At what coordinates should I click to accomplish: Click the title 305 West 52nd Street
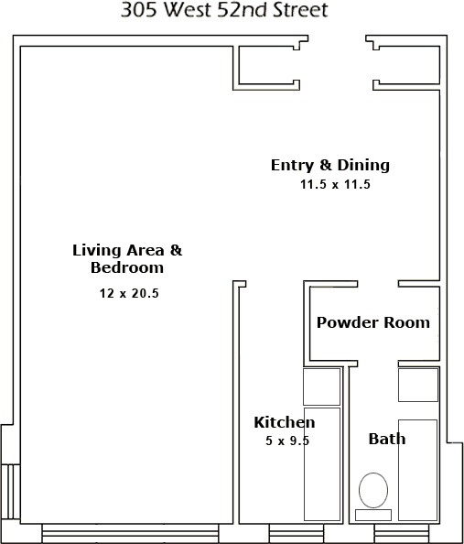pyautogui.click(x=224, y=11)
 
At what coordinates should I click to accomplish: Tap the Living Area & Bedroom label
pyautogui.click(x=127, y=258)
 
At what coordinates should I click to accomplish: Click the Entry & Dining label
pyautogui.click(x=329, y=165)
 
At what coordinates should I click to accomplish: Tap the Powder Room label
pyautogui.click(x=372, y=322)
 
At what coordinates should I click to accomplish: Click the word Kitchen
pyautogui.click(x=284, y=422)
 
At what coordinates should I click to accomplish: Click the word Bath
pyautogui.click(x=386, y=439)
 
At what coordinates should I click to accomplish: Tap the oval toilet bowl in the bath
pyautogui.click(x=372, y=490)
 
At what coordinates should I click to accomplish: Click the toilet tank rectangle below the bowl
pyautogui.click(x=372, y=514)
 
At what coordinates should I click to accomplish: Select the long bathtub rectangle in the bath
pyautogui.click(x=418, y=469)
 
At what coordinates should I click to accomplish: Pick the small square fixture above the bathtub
pyautogui.click(x=418, y=385)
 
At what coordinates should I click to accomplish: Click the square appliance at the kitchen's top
pyautogui.click(x=322, y=386)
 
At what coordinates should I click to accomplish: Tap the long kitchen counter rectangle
pyautogui.click(x=322, y=465)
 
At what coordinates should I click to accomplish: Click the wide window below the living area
pyautogui.click(x=130, y=534)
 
